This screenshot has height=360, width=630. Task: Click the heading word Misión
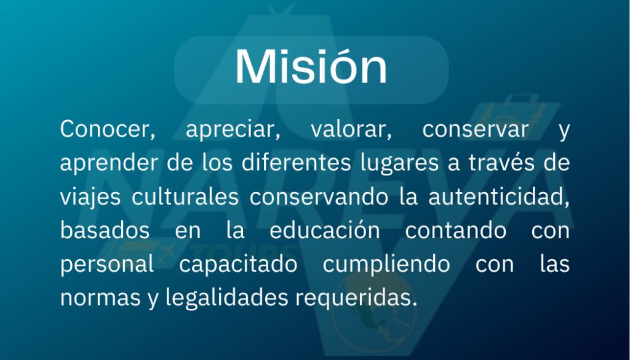311,66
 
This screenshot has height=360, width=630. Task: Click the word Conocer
107,130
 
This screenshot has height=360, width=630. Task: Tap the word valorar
351,130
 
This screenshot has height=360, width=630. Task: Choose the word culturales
185,197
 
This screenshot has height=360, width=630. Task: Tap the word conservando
319,197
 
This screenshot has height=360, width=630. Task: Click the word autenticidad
498,198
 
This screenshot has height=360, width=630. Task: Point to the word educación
325,231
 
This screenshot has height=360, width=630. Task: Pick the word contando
455,231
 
